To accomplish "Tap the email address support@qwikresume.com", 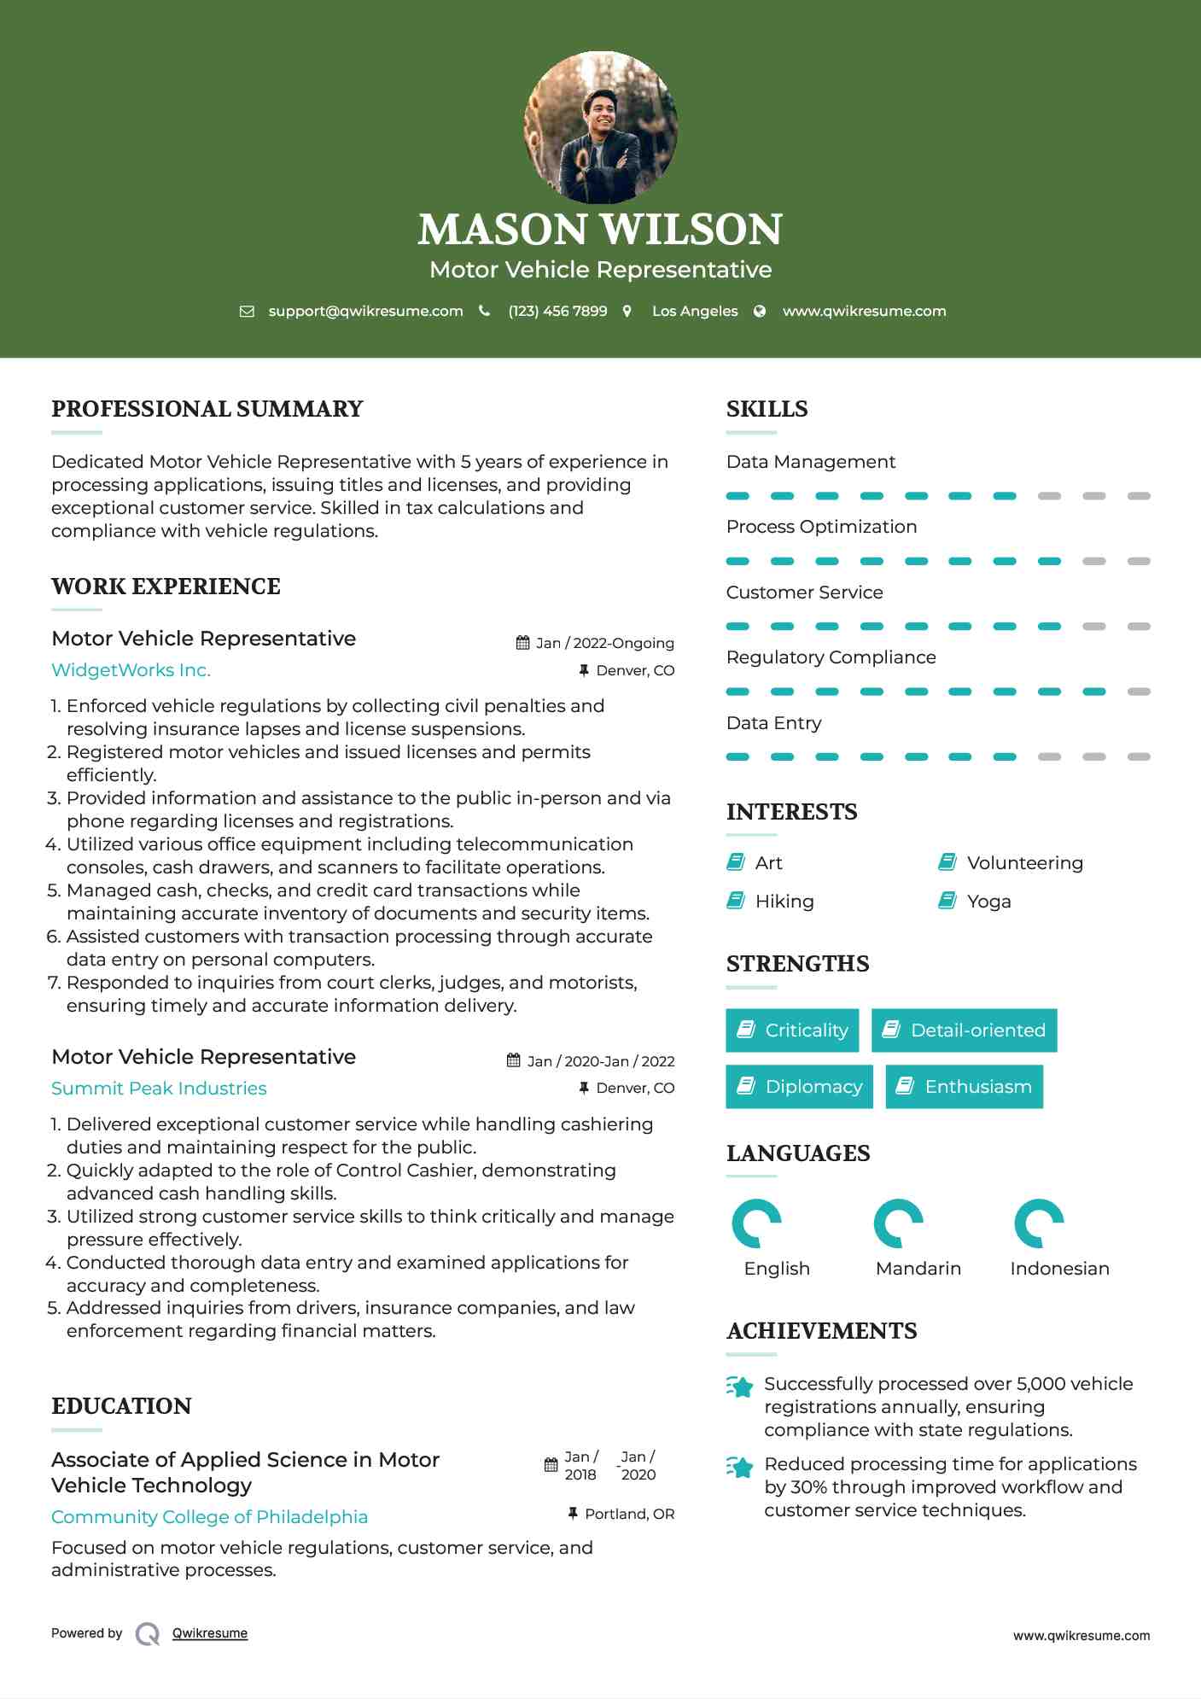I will [365, 312].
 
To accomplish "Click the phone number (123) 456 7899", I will [557, 312].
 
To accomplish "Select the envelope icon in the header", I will [247, 312].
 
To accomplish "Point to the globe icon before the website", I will [760, 312].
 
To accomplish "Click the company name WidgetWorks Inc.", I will [131, 670].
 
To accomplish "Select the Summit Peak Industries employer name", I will [159, 1089].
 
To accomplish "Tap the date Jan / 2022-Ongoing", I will [604, 643].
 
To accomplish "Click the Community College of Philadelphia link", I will [209, 1517].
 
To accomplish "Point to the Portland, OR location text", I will [629, 1514].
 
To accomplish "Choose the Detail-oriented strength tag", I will [964, 1030].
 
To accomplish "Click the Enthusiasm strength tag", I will [964, 1087].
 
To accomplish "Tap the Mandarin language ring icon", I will [898, 1224].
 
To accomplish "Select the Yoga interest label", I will [988, 902].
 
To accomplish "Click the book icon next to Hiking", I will [736, 901].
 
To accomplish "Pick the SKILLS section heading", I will [767, 409].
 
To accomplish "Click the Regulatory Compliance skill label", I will [831, 657].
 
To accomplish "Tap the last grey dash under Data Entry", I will [1139, 756].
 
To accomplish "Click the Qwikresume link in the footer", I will [209, 1633].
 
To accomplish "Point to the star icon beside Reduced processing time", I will [740, 1467].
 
